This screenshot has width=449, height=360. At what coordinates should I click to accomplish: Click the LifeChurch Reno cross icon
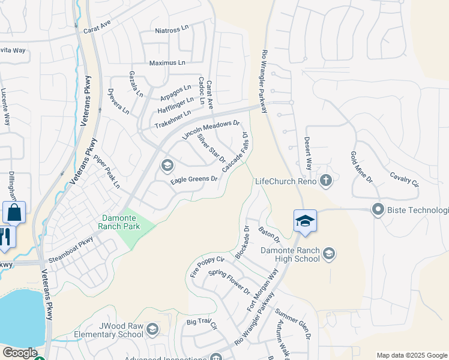325,180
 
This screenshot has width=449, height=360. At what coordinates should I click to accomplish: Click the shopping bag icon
14,212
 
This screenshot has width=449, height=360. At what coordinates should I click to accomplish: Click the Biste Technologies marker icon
378,210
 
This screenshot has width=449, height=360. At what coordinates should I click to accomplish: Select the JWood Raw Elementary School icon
152,328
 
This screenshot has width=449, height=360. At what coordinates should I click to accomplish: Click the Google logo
19,353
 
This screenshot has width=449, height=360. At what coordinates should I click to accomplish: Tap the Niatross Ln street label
172,30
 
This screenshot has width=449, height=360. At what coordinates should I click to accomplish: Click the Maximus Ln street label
167,62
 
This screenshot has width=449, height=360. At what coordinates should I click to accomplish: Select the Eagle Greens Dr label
194,179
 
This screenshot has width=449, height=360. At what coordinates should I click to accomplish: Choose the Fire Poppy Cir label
207,266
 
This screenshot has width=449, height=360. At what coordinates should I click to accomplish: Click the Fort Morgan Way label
263,290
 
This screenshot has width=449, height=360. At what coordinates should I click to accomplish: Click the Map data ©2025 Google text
412,355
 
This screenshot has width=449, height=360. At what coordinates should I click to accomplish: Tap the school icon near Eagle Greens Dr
167,165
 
